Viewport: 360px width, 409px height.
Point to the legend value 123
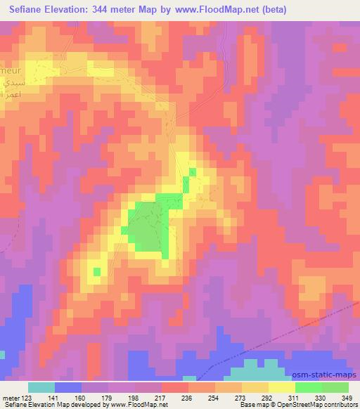pyautogui.click(x=22, y=398)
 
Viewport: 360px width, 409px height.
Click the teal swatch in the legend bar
pyautogui.click(x=41, y=387)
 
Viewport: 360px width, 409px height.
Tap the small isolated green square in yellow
pyautogui.click(x=96, y=271)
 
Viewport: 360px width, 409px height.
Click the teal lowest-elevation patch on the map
pyautogui.click(x=260, y=366)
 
